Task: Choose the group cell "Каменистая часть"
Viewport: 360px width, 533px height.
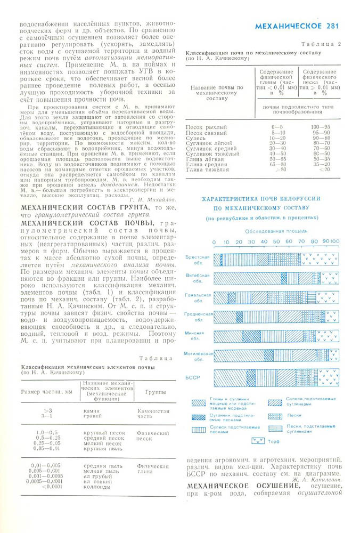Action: [153, 415]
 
